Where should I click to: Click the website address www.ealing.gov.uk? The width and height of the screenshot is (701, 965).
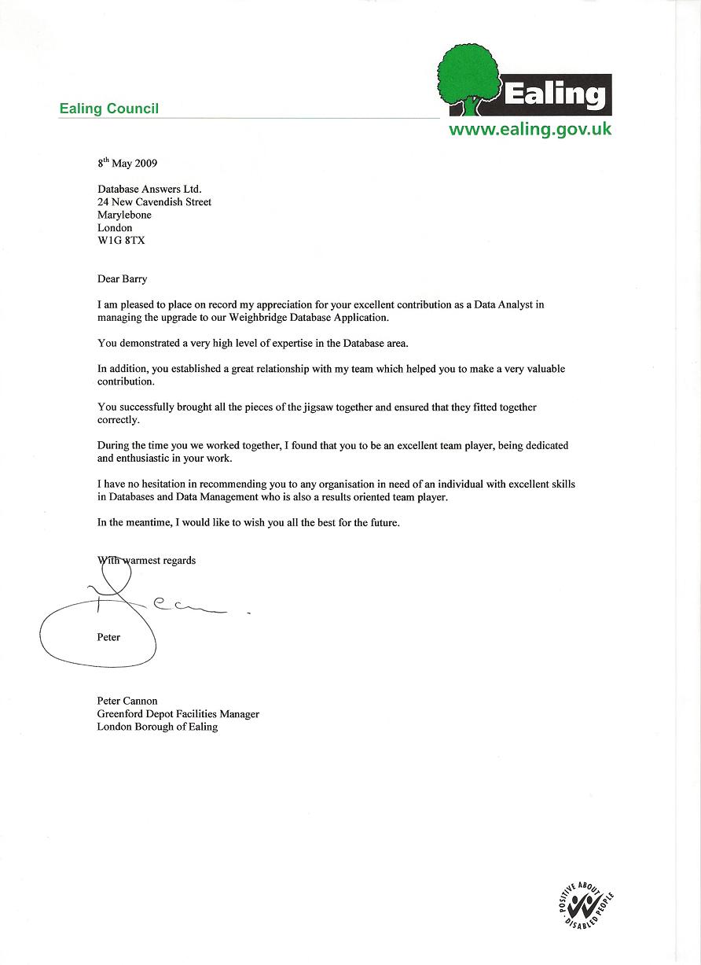[x=530, y=130]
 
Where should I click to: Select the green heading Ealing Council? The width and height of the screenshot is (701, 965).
[x=108, y=109]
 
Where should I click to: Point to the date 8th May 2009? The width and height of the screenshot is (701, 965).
[x=127, y=164]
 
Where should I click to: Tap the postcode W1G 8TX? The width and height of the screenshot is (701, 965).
[x=121, y=241]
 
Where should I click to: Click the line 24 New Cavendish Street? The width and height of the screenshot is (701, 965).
[x=154, y=202]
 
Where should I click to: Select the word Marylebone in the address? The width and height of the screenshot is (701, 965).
[x=124, y=215]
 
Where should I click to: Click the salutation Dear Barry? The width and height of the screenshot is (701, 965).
[x=122, y=279]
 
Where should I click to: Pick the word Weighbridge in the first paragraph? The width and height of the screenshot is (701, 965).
[x=276, y=318]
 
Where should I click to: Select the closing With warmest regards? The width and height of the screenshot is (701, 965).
[x=147, y=561]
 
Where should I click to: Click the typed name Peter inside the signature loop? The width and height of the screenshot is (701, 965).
[x=108, y=637]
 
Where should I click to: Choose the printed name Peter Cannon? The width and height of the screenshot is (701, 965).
[x=127, y=701]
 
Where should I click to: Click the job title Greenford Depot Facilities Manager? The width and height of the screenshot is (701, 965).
[x=178, y=714]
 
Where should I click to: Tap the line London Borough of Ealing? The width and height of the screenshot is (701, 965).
[x=157, y=727]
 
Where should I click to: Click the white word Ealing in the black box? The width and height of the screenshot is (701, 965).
[x=555, y=94]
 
